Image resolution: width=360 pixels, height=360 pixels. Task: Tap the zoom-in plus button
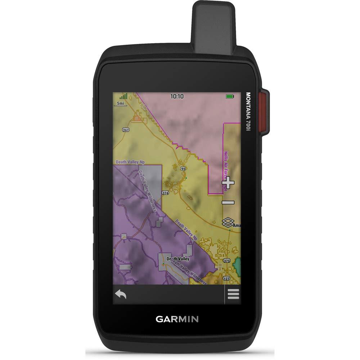click(x=228, y=183)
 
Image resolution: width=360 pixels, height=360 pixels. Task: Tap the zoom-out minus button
click(x=228, y=203)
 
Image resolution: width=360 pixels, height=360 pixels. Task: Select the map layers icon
click(x=228, y=222)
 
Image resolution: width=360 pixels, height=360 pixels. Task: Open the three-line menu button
click(x=233, y=294)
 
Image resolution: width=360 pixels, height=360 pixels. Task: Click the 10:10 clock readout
click(x=177, y=96)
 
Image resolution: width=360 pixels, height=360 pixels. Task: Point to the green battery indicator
click(x=230, y=96)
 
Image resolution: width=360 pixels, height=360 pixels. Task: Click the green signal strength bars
click(x=123, y=96)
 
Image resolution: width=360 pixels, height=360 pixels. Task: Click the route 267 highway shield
click(x=125, y=130)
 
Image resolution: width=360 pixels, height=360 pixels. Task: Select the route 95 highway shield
click(x=184, y=168)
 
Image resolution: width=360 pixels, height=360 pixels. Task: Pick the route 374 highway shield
click(x=165, y=193)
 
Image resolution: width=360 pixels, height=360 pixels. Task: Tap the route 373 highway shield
click(x=226, y=260)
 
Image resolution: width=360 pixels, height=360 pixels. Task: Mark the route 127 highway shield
click(x=226, y=278)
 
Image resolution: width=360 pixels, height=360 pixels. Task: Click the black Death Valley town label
click(x=178, y=259)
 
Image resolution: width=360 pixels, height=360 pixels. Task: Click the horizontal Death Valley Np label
click(x=127, y=163)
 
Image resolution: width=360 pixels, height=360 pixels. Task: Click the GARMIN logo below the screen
click(x=177, y=319)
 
